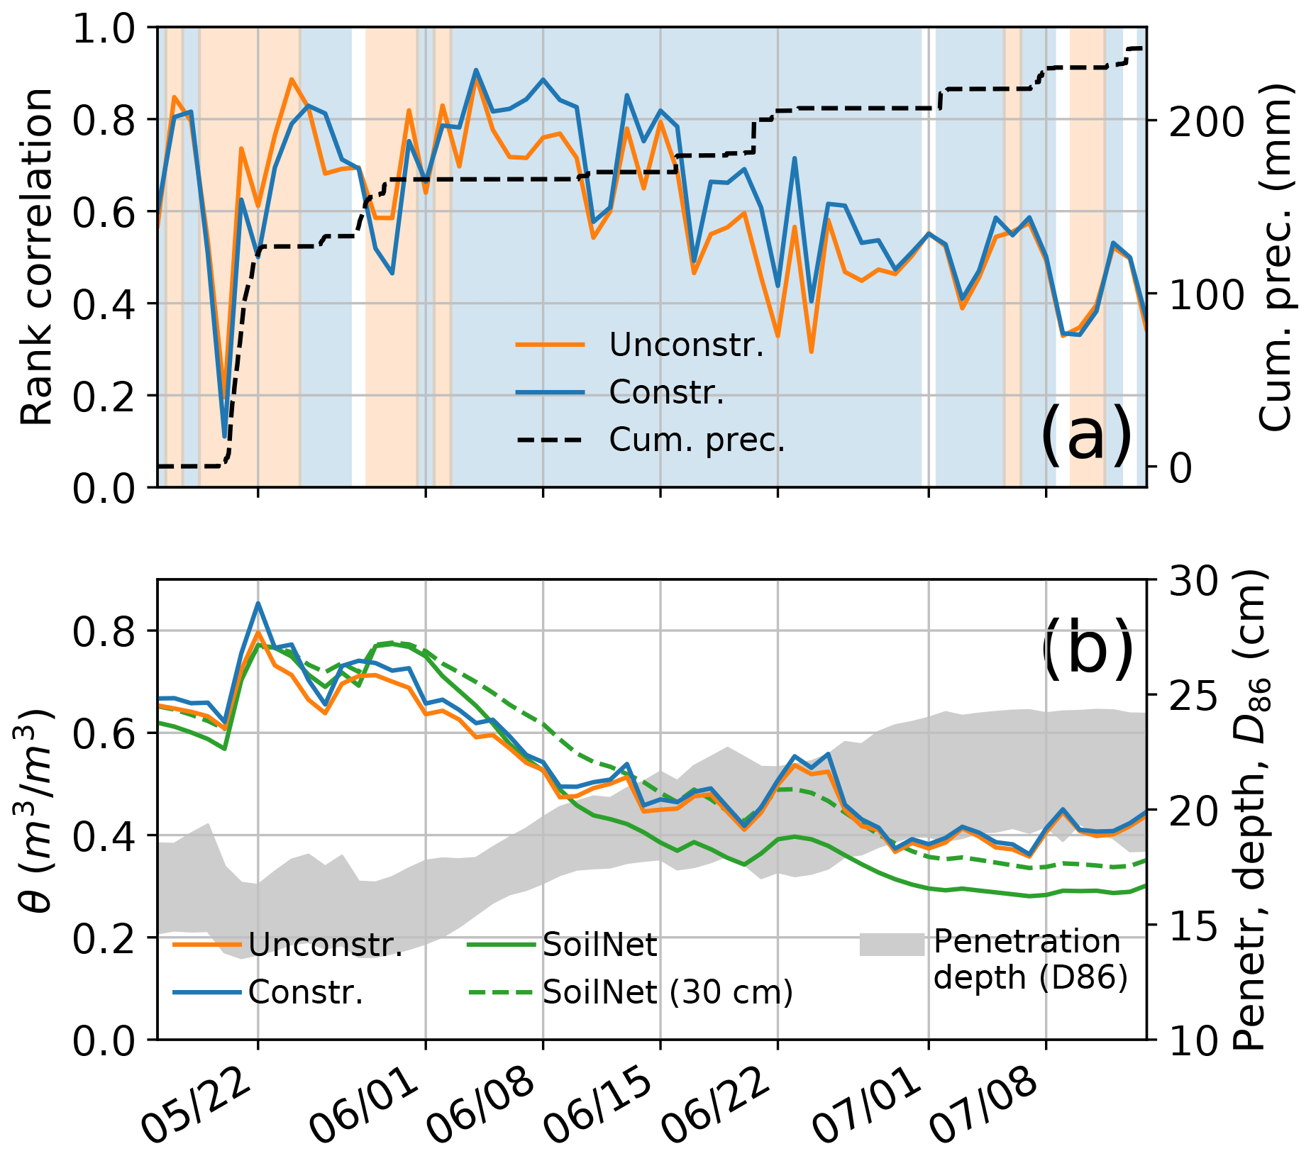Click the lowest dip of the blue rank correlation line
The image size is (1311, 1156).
(x=224, y=436)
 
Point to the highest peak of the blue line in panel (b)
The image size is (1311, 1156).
(x=258, y=603)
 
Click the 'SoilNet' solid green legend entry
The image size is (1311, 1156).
(x=599, y=945)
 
